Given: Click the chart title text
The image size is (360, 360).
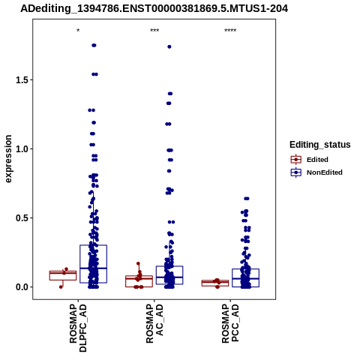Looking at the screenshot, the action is tap(154, 8).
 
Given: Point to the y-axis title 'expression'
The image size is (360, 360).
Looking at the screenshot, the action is tap(8, 159).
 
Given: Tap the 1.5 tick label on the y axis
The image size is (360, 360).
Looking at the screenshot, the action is tap(21, 80).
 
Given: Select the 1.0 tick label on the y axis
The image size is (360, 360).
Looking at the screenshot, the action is tap(21, 149).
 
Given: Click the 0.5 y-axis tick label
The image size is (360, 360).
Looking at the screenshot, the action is tap(21, 218).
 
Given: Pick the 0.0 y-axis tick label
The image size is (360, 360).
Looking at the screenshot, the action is tap(21, 287).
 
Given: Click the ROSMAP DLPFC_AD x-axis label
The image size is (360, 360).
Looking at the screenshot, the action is tap(78, 328).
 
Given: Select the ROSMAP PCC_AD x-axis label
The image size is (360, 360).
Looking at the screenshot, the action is tap(230, 324).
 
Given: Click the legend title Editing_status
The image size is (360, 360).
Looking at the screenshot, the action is tap(320, 145).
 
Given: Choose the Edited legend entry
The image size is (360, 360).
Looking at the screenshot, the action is tap(310, 160).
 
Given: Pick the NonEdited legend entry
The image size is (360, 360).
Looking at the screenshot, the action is tap(316, 172).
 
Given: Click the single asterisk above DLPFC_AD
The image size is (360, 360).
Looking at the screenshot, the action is tap(78, 31).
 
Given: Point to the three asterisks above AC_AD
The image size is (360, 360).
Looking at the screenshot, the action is tap(154, 31).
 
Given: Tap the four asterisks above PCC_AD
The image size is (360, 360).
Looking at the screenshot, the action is tap(230, 31).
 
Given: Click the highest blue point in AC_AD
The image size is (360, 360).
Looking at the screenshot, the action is tap(169, 46).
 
